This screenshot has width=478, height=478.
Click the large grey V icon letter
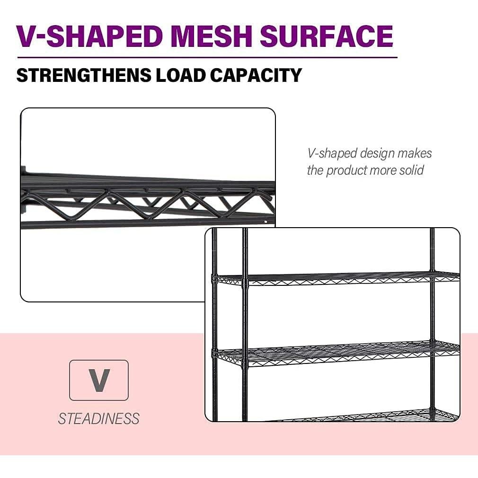[99, 380]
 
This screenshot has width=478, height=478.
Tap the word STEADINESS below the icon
[99, 418]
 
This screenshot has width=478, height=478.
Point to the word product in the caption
[345, 170]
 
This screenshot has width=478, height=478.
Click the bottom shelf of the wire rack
[369, 416]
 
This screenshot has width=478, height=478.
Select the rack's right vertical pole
[432, 322]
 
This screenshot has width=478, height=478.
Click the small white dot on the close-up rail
[266, 221]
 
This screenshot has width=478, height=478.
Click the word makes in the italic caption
[415, 153]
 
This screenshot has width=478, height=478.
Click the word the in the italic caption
[315, 170]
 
